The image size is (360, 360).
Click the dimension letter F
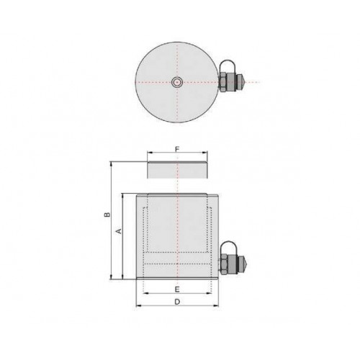click(x=177, y=149)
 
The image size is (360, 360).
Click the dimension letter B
click(x=107, y=215)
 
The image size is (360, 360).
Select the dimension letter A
click(x=119, y=231)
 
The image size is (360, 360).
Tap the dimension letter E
click(x=177, y=289)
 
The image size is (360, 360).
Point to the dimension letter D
click(x=177, y=302)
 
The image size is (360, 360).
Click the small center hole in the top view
click(x=177, y=82)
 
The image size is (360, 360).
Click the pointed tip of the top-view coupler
click(x=243, y=82)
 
